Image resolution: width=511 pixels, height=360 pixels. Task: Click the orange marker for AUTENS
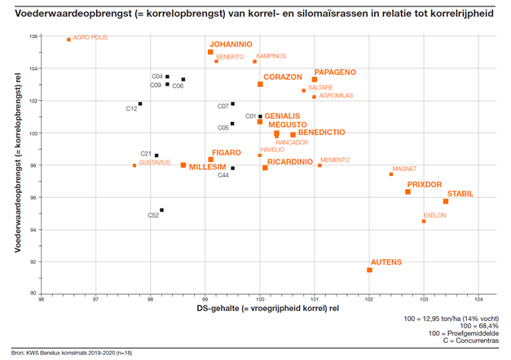click(370, 270)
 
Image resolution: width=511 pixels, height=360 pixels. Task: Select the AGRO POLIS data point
click(68, 39)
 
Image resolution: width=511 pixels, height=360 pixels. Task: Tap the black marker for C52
click(162, 210)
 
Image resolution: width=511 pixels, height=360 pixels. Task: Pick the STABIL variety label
click(460, 194)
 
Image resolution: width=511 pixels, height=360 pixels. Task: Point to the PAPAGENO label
click(335, 72)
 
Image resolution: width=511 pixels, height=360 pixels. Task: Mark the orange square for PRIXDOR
click(407, 191)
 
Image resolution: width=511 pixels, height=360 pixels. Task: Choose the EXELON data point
click(424, 221)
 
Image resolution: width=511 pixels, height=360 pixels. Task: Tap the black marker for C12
click(140, 103)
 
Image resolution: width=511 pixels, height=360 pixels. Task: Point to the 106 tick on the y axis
click(33, 37)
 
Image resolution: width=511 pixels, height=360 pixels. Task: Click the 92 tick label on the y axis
click(33, 261)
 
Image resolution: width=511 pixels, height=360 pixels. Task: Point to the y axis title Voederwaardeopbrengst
click(18, 163)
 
